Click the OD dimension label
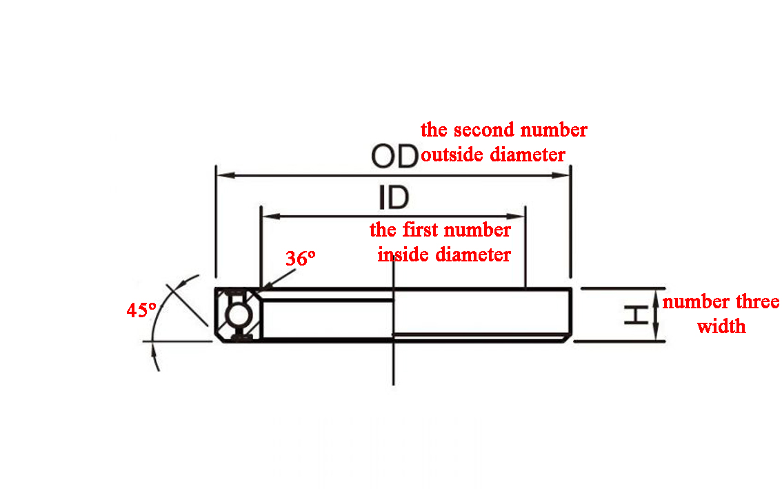point(394,156)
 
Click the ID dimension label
point(394,197)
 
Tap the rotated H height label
point(636,315)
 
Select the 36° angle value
point(300,259)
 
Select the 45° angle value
point(141,310)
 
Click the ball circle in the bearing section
point(237,315)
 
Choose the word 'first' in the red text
point(419,230)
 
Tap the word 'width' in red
point(721,327)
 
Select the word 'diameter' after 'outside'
point(528,154)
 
